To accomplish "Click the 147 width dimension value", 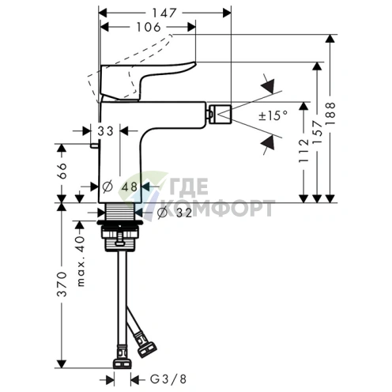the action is click(x=164, y=13).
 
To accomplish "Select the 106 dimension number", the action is click(x=149, y=27).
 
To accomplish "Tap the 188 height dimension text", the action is click(x=330, y=114).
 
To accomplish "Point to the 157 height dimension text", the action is click(x=317, y=132).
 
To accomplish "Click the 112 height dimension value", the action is click(x=303, y=151).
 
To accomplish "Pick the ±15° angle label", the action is click(x=273, y=115).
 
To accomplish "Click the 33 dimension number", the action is click(x=105, y=131).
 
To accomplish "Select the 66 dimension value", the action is click(x=62, y=171).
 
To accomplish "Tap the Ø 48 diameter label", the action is click(x=120, y=187).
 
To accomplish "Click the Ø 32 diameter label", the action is click(x=175, y=213).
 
